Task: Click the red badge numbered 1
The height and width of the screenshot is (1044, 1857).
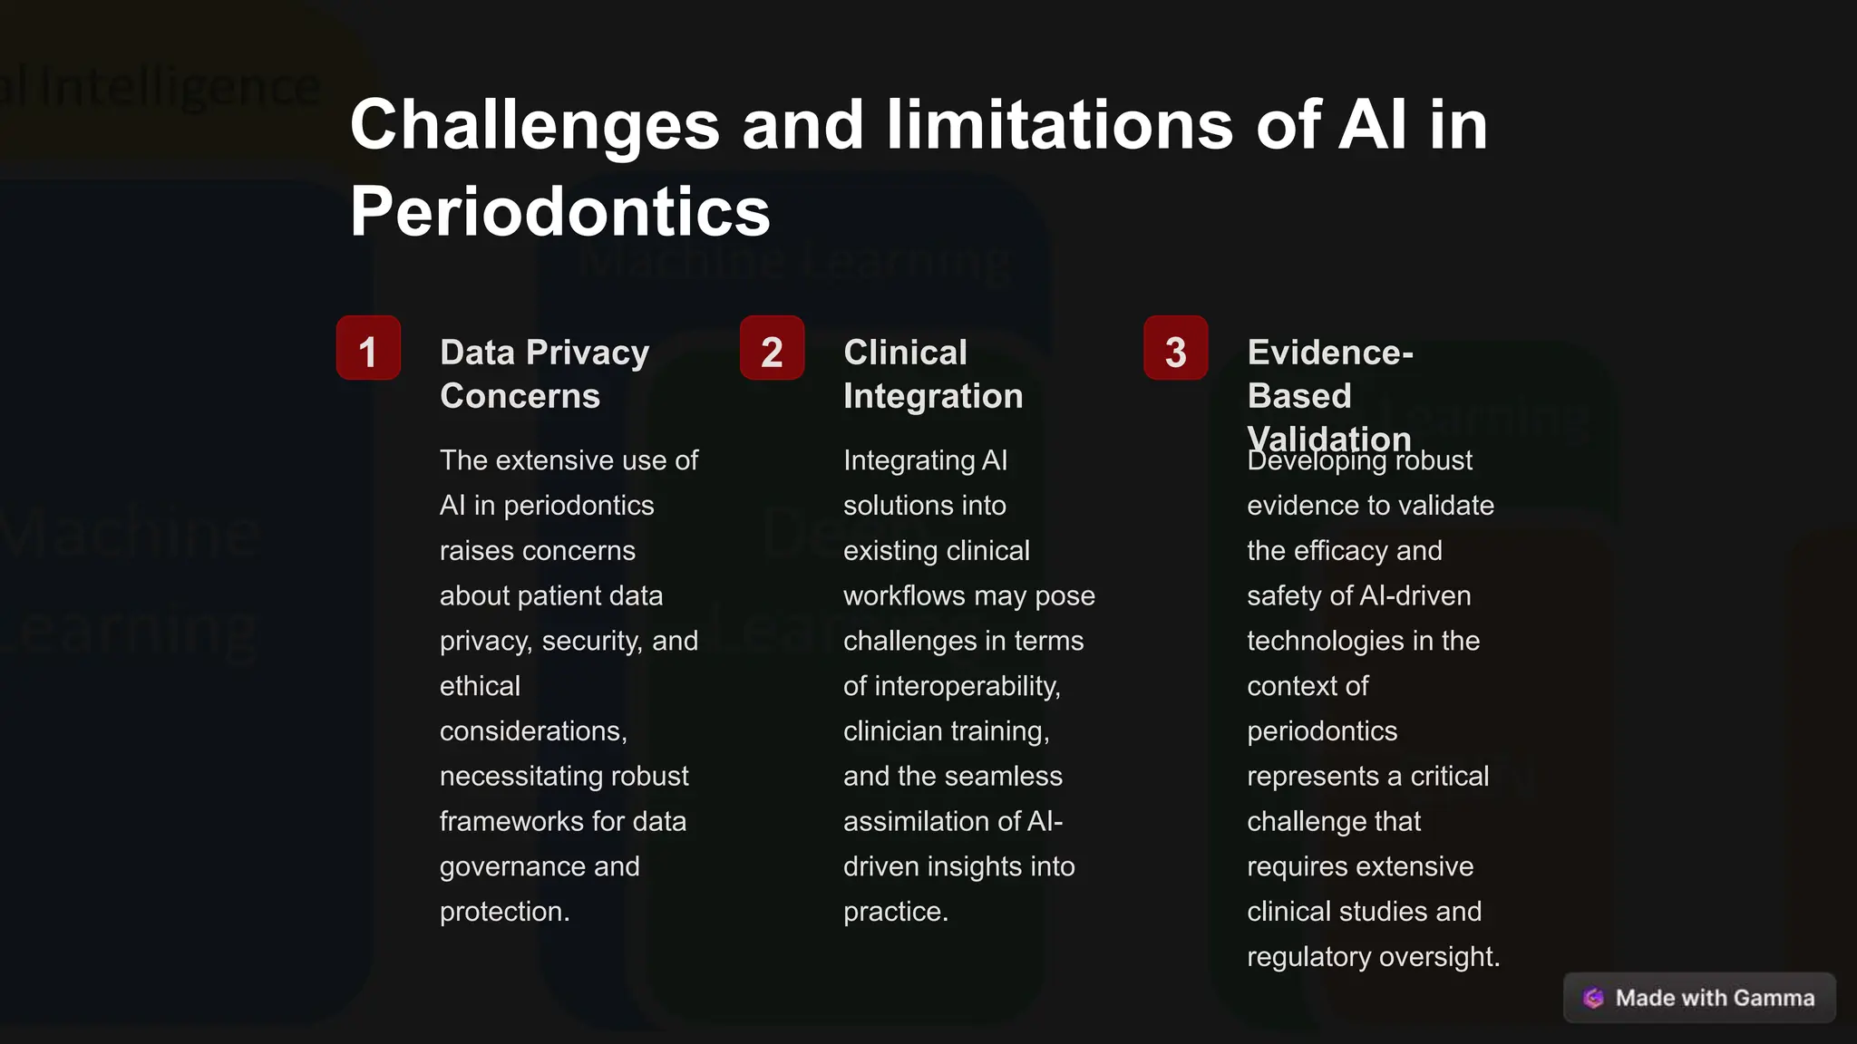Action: [368, 348]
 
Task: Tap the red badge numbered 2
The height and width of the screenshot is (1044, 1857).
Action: [772, 348]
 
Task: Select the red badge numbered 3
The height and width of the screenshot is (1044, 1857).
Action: [1175, 348]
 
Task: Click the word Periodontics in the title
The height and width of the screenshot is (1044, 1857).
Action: [559, 212]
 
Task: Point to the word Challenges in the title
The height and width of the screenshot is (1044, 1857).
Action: [534, 125]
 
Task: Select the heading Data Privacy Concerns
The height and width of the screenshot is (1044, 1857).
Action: [544, 373]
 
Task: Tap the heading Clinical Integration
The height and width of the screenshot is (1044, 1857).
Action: [932, 373]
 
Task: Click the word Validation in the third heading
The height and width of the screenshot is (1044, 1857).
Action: [1328, 439]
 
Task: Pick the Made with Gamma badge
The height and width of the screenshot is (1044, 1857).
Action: [1699, 998]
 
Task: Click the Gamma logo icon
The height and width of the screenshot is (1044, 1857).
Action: [1593, 998]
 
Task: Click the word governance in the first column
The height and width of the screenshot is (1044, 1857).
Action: [512, 866]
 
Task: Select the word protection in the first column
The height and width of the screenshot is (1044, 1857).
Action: [503, 912]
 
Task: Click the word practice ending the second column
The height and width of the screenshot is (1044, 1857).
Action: [894, 912]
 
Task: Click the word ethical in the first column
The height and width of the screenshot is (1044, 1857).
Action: [480, 686]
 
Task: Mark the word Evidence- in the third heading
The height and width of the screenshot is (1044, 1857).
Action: [1329, 353]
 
